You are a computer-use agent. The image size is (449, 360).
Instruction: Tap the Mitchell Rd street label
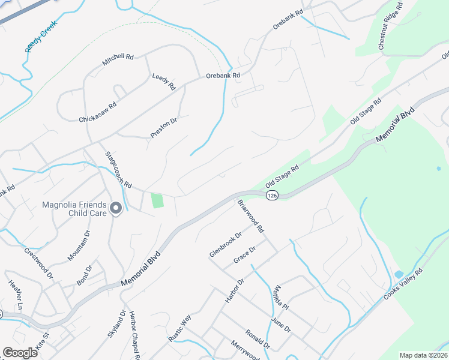117,59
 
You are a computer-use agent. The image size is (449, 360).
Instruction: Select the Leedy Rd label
163,82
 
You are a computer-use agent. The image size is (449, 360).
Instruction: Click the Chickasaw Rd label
98,112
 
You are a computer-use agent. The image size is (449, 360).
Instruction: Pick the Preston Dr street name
164,128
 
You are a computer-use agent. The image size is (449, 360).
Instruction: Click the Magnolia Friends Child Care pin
116,208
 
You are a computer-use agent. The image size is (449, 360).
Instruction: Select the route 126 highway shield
273,196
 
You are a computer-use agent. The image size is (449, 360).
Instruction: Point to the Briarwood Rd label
251,216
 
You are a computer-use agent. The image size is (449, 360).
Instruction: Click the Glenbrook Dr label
225,245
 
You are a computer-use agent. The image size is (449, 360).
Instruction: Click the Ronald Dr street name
259,339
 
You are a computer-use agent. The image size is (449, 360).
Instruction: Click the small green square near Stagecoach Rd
157,200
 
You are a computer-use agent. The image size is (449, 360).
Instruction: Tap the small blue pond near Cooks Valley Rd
399,275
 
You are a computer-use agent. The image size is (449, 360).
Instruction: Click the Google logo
20,353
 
